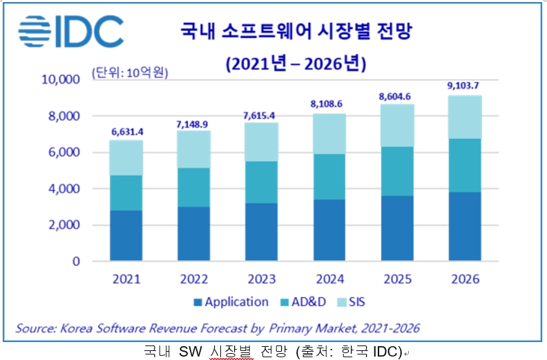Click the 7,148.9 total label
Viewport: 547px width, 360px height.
tap(193, 122)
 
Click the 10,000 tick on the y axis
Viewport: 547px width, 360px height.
tap(61, 79)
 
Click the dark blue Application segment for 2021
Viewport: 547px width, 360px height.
tap(126, 236)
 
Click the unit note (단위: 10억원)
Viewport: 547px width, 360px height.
tap(129, 71)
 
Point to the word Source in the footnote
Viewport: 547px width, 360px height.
tap(35, 328)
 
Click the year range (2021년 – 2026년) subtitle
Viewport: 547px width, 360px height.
tap(296, 64)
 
